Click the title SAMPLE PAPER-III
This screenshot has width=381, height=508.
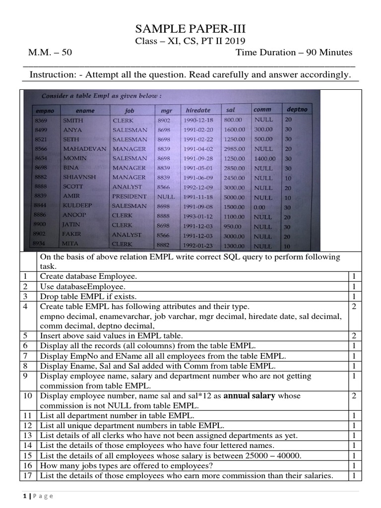coord(190,29)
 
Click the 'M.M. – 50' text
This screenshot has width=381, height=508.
coord(50,53)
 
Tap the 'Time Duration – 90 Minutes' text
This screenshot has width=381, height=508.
coord(294,53)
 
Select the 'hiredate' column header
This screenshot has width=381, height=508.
coord(197,110)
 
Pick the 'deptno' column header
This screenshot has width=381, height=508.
coord(297,109)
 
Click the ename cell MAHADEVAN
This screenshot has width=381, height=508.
coord(84,149)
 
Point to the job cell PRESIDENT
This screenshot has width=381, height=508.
coord(129,196)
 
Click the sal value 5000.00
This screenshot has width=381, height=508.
coord(234,197)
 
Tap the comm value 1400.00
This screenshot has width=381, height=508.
coord(265,159)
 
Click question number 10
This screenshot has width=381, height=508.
coord(28,396)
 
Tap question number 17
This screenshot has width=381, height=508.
coord(28,476)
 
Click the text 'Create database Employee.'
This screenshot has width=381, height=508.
coord(88,276)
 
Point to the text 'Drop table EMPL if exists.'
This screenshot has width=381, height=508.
coord(90,296)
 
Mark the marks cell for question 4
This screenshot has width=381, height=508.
coord(354,307)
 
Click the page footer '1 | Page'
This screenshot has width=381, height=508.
coord(38,496)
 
